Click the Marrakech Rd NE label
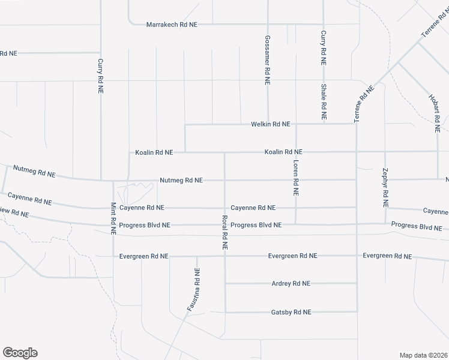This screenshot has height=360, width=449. coord(172,25)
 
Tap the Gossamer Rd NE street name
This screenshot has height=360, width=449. coord(268,58)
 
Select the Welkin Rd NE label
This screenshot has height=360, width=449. coord(270,124)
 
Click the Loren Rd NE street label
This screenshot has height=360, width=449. coord(296,178)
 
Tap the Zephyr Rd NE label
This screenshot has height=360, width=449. coord(385,187)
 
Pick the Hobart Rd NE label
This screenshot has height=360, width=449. coord(435,113)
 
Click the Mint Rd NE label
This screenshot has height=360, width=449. coord(113,217)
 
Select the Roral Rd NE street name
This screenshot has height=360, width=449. coord(224,232)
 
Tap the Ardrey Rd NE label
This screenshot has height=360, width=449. coord(291,284)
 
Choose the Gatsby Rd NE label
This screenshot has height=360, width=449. coord(291,312)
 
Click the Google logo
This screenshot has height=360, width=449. coord(20,353)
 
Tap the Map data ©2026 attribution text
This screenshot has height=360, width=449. coord(423,355)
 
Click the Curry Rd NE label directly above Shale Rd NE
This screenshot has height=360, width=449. coord(323,47)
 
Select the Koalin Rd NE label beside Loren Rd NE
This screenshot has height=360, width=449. coord(283,152)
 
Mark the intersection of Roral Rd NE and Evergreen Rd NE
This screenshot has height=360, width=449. coord(225,256)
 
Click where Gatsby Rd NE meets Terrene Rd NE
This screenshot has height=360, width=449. coord(357,311)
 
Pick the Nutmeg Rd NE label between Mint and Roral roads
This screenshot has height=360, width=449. coord(181,180)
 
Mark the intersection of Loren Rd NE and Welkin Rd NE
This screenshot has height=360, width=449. coord(296,124)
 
